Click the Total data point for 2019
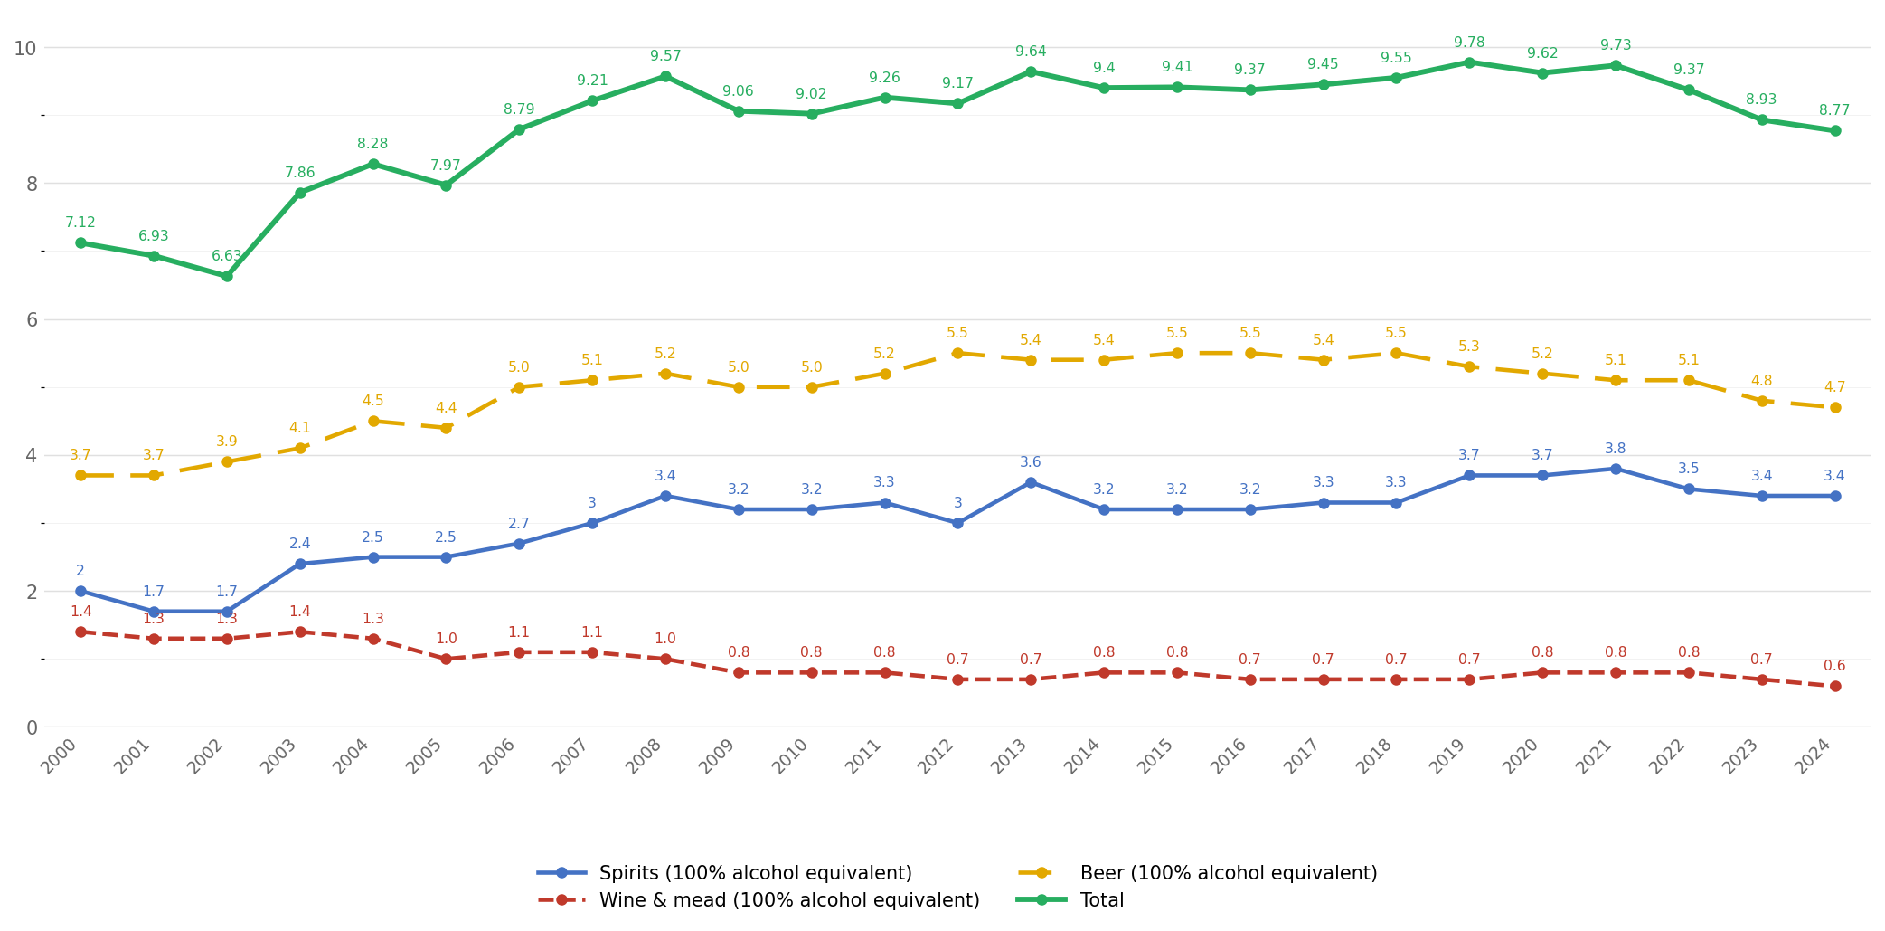pos(1469,62)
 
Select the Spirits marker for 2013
pos(1031,482)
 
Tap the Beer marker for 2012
pos(957,353)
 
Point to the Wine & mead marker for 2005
pos(446,659)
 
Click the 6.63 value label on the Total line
pos(227,256)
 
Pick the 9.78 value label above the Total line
pos(1469,43)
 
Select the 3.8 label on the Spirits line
pos(1615,449)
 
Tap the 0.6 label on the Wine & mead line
pos(1834,666)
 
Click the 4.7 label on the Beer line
pos(1834,387)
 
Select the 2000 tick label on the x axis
pos(59,756)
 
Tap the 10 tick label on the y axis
pos(25,48)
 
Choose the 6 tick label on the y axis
pos(32,319)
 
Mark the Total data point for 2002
pos(227,276)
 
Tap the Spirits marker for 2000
pos(80,591)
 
